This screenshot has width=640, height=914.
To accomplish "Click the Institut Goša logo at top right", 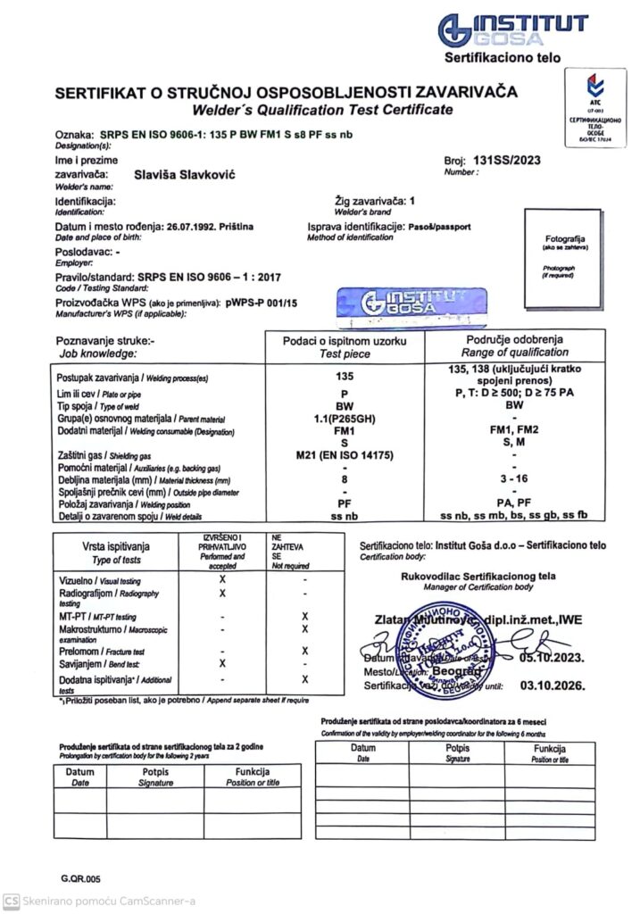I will click(512, 29).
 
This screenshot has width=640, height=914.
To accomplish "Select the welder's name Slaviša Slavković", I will click(183, 179).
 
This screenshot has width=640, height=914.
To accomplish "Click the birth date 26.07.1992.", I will click(192, 228).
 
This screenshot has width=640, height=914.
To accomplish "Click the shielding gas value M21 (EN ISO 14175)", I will click(344, 455).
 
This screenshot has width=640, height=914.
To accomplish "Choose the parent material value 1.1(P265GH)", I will click(344, 418).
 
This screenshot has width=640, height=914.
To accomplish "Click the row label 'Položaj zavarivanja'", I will click(94, 504).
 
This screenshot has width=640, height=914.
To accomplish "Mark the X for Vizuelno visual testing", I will click(222, 580).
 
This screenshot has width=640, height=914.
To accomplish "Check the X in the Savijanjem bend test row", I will click(222, 663).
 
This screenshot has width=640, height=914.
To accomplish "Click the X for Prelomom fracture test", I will click(305, 652).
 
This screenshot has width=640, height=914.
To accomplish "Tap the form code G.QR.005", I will click(81, 878).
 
